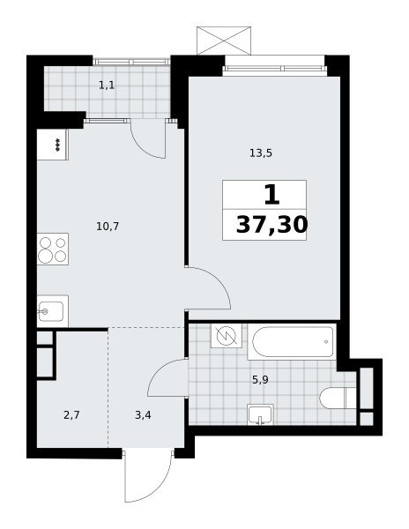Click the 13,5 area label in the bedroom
261,153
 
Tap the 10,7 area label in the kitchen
108,227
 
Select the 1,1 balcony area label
107,86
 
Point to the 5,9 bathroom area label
260,380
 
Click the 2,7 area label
71,415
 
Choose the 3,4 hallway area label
143,415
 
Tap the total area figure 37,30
271,225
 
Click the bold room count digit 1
271,195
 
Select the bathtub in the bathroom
292,341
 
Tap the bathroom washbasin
260,414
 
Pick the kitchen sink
53,311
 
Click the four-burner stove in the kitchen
53,249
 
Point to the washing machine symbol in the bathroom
226,336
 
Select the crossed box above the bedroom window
224,41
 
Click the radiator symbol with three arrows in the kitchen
58,145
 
